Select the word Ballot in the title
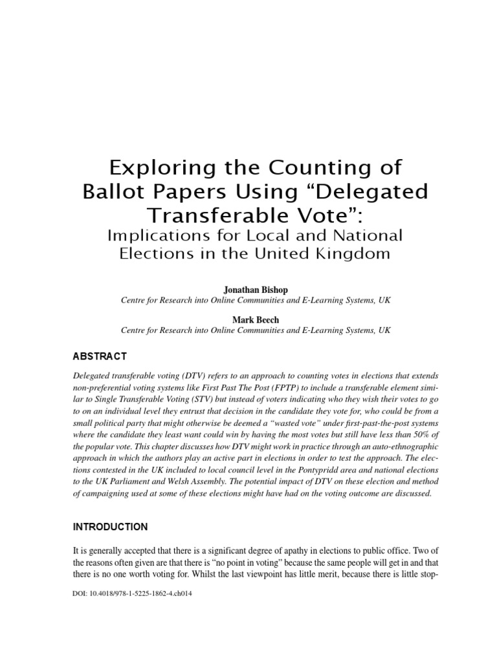(115, 192)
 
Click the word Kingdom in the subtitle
(355, 253)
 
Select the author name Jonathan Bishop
(256, 290)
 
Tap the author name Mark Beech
(256, 319)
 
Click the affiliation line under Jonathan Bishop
(256, 301)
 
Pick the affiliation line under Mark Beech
(256, 330)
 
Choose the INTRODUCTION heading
(109, 527)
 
